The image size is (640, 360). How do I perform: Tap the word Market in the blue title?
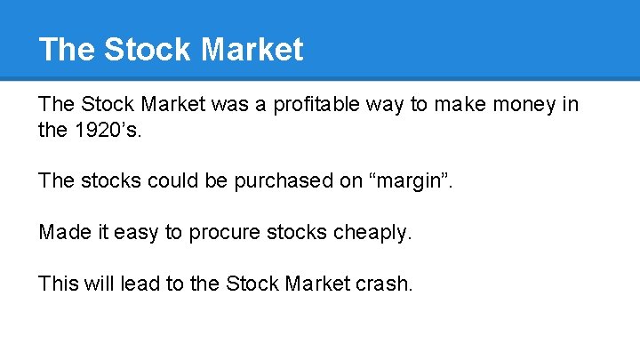[252, 49]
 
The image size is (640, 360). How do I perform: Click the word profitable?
[314, 105]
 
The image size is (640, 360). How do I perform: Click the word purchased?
[278, 181]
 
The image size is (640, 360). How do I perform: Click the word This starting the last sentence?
[59, 284]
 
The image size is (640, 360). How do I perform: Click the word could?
[172, 181]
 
